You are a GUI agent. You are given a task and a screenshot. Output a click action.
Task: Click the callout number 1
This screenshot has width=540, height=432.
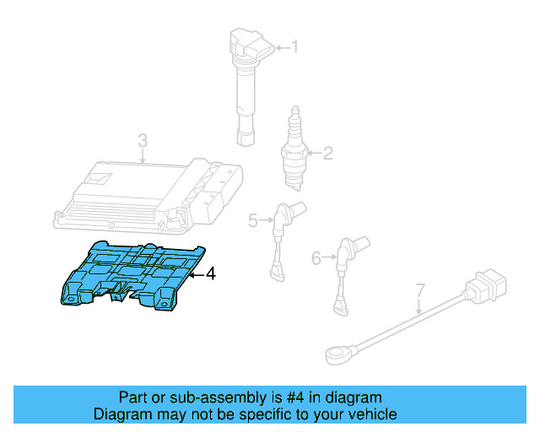(294, 46)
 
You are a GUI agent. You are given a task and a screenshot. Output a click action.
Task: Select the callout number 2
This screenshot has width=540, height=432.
(328, 153)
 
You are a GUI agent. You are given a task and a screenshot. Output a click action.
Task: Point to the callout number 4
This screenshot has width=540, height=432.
(211, 273)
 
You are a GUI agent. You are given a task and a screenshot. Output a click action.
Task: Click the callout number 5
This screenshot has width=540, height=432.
(253, 221)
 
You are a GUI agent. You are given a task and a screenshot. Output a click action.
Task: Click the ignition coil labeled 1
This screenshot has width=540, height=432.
(246, 84)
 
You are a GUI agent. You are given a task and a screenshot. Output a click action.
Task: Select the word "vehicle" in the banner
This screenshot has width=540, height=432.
(372, 414)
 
